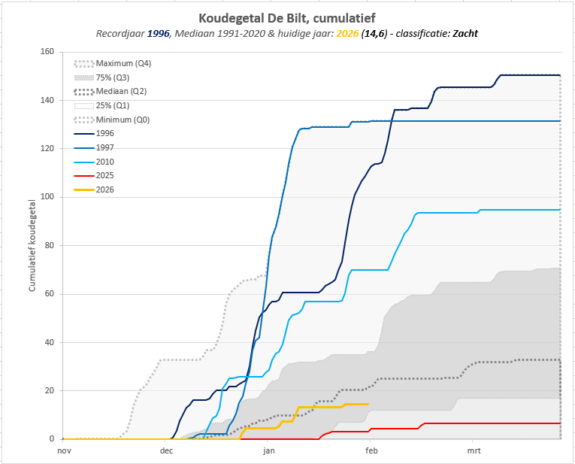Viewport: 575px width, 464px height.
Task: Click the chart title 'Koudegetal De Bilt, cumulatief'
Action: (287, 18)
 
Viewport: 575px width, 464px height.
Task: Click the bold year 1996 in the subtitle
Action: (159, 34)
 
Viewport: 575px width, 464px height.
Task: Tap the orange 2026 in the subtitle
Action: (347, 34)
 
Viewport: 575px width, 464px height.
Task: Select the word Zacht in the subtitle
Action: (465, 34)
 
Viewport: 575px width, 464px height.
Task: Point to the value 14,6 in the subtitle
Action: (374, 34)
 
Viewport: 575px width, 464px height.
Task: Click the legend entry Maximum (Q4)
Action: (112, 63)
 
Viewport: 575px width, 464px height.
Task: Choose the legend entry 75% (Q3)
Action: (101, 77)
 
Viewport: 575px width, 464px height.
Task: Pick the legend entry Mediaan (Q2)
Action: (110, 91)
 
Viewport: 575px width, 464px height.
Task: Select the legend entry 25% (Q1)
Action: (101, 105)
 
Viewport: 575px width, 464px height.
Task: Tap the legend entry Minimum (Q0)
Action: (111, 120)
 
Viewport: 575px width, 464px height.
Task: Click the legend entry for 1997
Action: (94, 148)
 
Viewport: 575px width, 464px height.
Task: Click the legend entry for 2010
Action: (94, 162)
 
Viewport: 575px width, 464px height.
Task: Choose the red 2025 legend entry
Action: (94, 176)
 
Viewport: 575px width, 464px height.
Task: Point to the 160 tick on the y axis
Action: (47, 52)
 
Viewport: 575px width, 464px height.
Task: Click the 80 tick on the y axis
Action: (49, 245)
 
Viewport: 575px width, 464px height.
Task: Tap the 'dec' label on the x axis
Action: (166, 450)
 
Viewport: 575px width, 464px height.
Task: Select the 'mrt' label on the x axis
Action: (474, 450)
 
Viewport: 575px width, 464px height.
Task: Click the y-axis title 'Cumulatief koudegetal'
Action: (32, 245)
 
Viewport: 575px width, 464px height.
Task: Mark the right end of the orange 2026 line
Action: (368, 404)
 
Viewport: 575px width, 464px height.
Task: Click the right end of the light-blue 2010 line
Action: (560, 210)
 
